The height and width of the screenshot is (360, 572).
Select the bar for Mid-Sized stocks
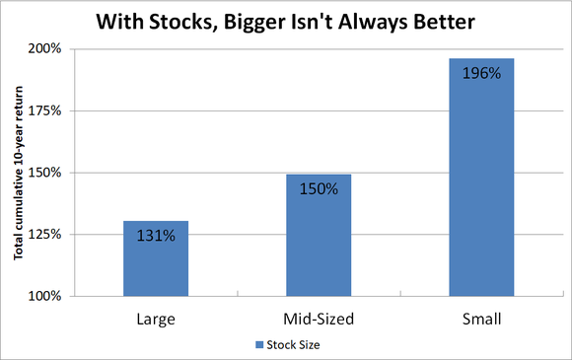pos(319,237)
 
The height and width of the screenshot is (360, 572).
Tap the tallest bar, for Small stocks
pos(481,178)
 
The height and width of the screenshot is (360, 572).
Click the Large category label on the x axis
pos(156,321)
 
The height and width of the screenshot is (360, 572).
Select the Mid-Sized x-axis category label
pos(319,321)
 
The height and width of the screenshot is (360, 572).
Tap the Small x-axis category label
pos(481,321)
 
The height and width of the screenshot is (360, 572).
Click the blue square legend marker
pos(258,345)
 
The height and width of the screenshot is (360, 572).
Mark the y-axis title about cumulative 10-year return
pos(19,174)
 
